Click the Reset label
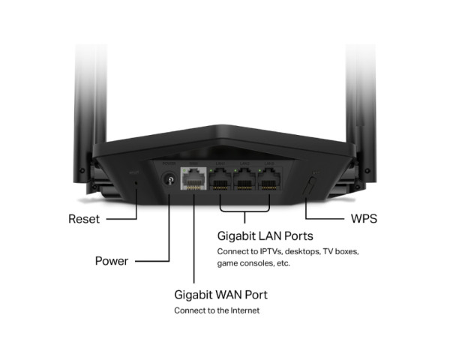[83, 220]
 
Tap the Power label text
[111, 261]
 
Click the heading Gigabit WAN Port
[220, 294]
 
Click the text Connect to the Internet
[217, 310]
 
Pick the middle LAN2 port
[245, 182]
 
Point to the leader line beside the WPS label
[325, 220]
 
